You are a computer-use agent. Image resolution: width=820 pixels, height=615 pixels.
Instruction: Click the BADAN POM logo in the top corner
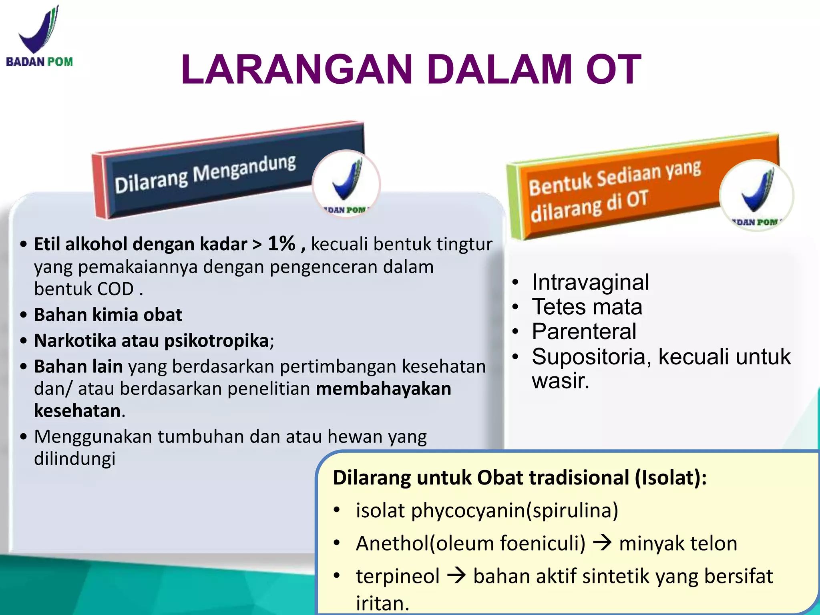pyautogui.click(x=39, y=36)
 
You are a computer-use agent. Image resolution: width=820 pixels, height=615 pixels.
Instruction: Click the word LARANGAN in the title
pyautogui.click(x=296, y=70)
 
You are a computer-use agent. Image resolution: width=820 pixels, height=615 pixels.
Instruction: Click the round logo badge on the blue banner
pyautogui.click(x=346, y=184)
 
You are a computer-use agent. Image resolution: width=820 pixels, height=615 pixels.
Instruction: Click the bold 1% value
pyautogui.click(x=281, y=243)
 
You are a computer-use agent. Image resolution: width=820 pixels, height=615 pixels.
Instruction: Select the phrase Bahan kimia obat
pyautogui.click(x=108, y=315)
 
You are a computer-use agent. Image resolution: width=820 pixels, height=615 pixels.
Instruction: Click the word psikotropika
pyautogui.click(x=216, y=341)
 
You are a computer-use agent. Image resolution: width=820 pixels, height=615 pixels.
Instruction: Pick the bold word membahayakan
pyautogui.click(x=383, y=389)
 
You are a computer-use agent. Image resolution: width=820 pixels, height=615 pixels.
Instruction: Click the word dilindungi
pyautogui.click(x=74, y=459)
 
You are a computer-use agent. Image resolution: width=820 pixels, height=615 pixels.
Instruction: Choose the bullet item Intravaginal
pyautogui.click(x=590, y=282)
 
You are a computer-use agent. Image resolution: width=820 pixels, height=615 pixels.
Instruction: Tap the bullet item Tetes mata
pyautogui.click(x=587, y=307)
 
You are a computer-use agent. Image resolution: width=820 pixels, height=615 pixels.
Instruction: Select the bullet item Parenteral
pyautogui.click(x=584, y=332)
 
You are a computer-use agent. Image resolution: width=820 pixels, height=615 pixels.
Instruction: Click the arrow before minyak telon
pyautogui.click(x=602, y=543)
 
